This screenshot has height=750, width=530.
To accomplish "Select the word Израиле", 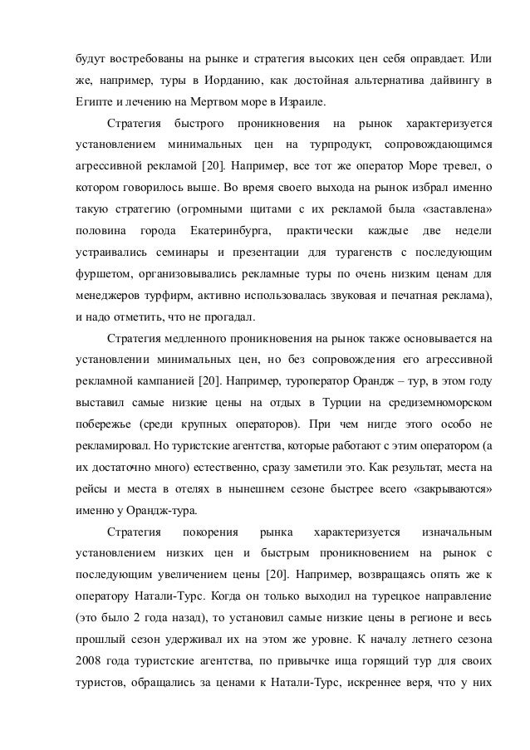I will (x=304, y=103).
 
